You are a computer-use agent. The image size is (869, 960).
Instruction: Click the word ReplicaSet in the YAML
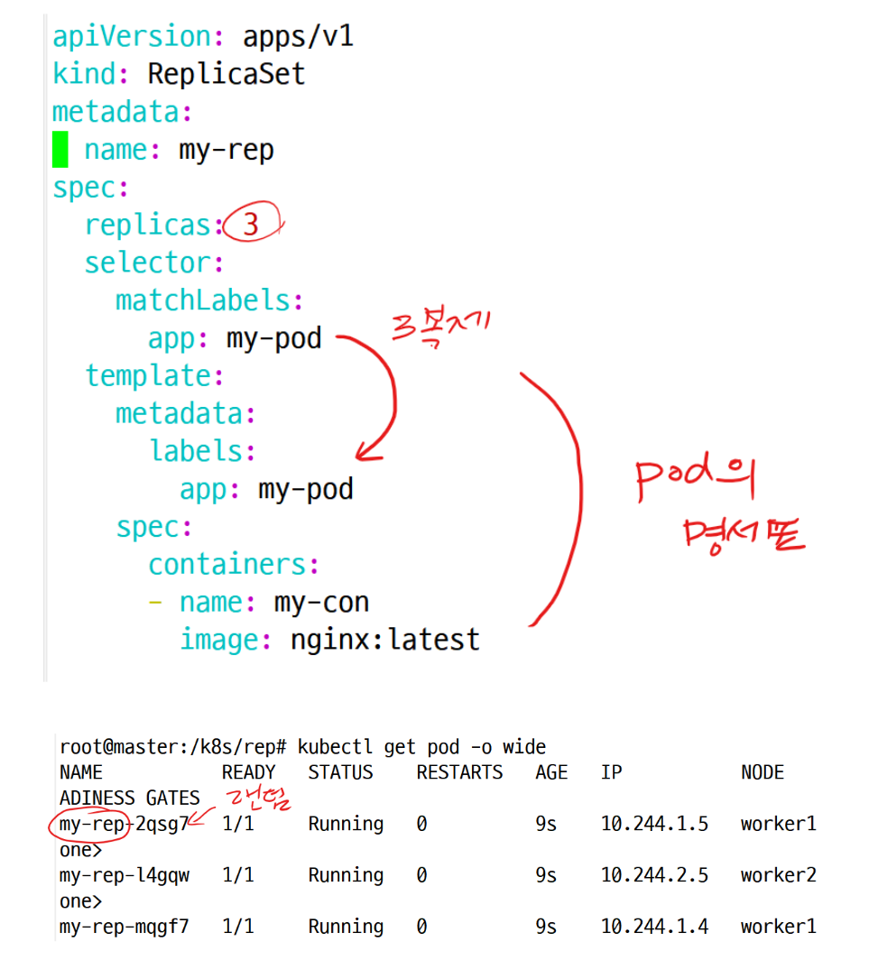point(226,73)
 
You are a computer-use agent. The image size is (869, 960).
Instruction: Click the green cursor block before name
point(60,149)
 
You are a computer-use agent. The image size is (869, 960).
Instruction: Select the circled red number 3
point(252,224)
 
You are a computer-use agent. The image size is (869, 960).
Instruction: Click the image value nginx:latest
point(385,640)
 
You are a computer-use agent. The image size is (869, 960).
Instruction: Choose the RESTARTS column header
point(459,772)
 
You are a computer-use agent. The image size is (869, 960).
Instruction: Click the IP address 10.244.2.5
point(654,875)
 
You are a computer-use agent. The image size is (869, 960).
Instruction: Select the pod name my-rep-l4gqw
point(125,875)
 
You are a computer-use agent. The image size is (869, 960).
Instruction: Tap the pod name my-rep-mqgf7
point(125,927)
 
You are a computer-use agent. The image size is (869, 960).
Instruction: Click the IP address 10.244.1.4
point(654,927)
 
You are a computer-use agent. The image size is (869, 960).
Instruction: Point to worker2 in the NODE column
point(779,875)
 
